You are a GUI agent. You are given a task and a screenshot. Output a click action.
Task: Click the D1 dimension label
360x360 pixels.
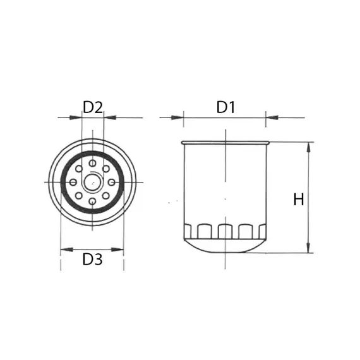pyautogui.click(x=225, y=107)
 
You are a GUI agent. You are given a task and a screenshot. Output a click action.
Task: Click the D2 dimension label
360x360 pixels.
pyautogui.click(x=93, y=107)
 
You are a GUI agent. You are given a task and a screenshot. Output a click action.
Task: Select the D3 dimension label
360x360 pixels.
pyautogui.click(x=92, y=259)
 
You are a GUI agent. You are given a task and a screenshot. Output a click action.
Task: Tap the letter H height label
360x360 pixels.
pyautogui.click(x=299, y=200)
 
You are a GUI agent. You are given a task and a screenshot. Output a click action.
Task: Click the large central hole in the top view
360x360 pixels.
pyautogui.click(x=92, y=183)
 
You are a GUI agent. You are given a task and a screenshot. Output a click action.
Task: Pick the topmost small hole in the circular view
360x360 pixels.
pyautogui.click(x=92, y=164)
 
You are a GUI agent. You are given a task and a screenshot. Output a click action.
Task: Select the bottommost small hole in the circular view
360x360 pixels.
pyautogui.click(x=92, y=201)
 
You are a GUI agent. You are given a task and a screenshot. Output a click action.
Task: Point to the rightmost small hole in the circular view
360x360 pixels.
pyautogui.click(x=112, y=183)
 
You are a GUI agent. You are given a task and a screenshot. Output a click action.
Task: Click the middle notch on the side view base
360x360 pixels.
pyautogui.click(x=225, y=232)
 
